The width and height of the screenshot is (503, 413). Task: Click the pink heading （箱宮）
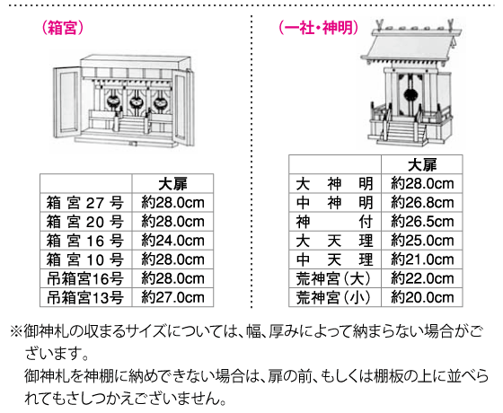click(63, 28)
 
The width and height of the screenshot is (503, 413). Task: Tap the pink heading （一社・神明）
click(319, 28)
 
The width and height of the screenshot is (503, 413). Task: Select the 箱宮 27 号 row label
click(85, 203)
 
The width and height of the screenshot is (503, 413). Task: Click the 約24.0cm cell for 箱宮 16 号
click(172, 241)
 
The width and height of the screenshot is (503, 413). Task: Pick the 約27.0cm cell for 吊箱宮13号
click(172, 297)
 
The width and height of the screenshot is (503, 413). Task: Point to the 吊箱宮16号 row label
click(85, 278)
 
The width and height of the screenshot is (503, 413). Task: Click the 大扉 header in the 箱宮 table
click(172, 184)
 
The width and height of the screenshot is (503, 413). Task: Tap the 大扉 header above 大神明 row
click(422, 165)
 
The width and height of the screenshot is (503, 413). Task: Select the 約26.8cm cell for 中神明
click(422, 203)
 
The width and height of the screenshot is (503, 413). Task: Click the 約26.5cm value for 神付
click(422, 222)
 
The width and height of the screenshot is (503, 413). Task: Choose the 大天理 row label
click(334, 241)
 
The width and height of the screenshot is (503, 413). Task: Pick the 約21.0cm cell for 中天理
click(422, 259)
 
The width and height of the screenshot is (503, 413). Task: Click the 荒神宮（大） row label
click(333, 278)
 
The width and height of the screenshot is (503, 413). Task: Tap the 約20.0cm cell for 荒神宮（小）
click(422, 297)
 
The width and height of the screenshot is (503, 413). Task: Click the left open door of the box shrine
click(67, 101)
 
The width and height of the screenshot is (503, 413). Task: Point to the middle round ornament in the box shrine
click(136, 102)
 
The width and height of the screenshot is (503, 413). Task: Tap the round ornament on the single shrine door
click(409, 94)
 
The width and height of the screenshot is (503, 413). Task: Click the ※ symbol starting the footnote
click(16, 331)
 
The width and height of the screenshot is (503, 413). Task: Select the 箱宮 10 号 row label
click(85, 259)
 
